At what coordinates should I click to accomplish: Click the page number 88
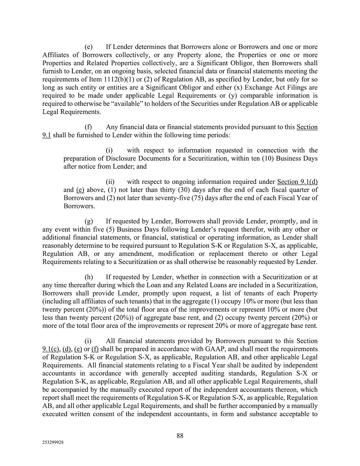point(180,435)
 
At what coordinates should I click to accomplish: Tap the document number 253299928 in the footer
point(53,443)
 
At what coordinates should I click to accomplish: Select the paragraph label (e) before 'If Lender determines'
point(88,47)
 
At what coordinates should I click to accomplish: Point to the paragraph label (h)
point(89,277)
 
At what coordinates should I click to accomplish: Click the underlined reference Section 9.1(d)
point(297,182)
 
